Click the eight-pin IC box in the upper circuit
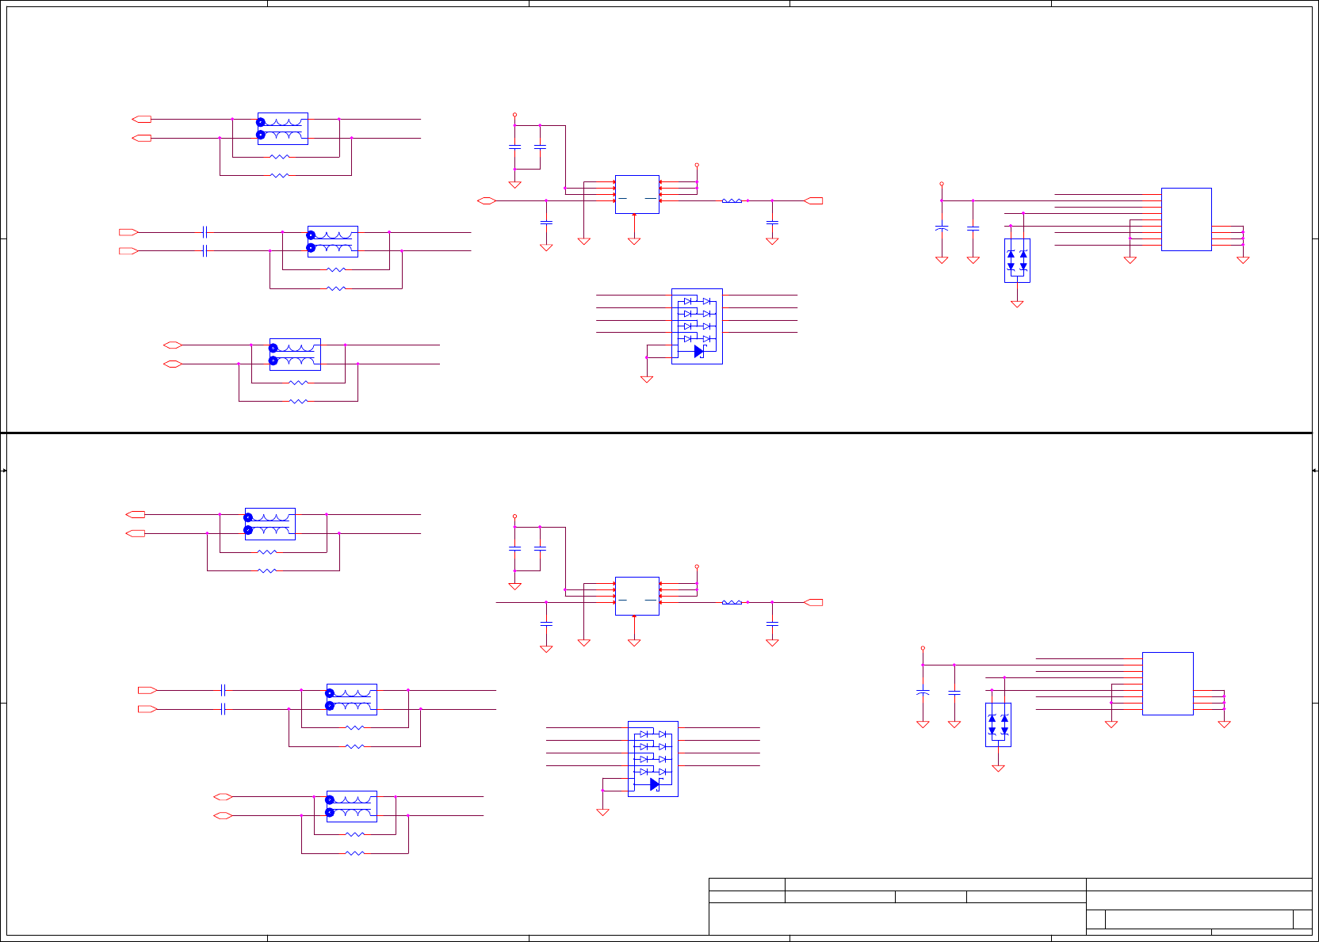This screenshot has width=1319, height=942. coord(637,194)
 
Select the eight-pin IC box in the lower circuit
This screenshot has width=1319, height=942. coord(637,596)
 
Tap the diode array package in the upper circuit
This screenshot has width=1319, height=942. coord(697,326)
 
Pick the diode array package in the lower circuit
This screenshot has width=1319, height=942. coord(652,758)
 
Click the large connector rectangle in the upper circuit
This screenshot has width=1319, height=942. coord(1186,219)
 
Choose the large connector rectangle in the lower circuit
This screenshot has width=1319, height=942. coord(1167,683)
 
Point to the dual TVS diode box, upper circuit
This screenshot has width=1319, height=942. coord(1017,261)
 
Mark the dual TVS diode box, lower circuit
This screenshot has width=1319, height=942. coord(998,725)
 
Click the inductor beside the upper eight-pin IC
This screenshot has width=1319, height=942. coord(732,201)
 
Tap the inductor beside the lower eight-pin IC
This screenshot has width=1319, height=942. coord(732,603)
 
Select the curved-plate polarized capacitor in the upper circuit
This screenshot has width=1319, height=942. coord(942,228)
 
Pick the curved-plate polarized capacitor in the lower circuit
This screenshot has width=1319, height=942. coord(923,692)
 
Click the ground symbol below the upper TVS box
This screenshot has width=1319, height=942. coord(1017,303)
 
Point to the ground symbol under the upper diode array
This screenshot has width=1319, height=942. coord(647,379)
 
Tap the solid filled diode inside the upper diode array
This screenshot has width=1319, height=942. coord(698,351)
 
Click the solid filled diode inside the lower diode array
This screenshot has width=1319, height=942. coord(655,784)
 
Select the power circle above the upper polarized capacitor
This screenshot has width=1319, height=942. coord(942,184)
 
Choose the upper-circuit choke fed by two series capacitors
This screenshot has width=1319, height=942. coord(333,242)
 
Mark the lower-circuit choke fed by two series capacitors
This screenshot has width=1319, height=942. coord(352,700)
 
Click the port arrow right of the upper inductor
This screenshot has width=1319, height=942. coord(814,201)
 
